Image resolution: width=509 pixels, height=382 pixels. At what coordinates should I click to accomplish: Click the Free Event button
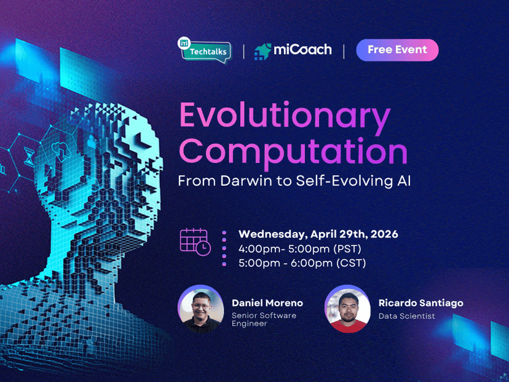[397, 50]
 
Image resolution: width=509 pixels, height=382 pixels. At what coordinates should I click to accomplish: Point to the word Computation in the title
[293, 151]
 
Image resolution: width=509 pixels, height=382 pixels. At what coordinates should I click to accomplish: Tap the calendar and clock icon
[195, 241]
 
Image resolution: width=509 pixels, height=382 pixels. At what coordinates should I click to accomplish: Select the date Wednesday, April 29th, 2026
[318, 234]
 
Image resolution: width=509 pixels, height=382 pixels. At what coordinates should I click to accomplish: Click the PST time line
[299, 249]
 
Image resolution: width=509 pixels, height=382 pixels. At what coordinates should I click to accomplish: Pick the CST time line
[302, 263]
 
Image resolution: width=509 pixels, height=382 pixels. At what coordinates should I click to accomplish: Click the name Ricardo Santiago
[421, 303]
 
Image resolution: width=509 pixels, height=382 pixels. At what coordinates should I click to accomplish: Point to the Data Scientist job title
[406, 316]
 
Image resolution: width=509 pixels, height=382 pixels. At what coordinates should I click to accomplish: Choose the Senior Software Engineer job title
[264, 319]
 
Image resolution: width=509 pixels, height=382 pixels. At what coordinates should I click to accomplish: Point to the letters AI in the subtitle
[403, 181]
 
